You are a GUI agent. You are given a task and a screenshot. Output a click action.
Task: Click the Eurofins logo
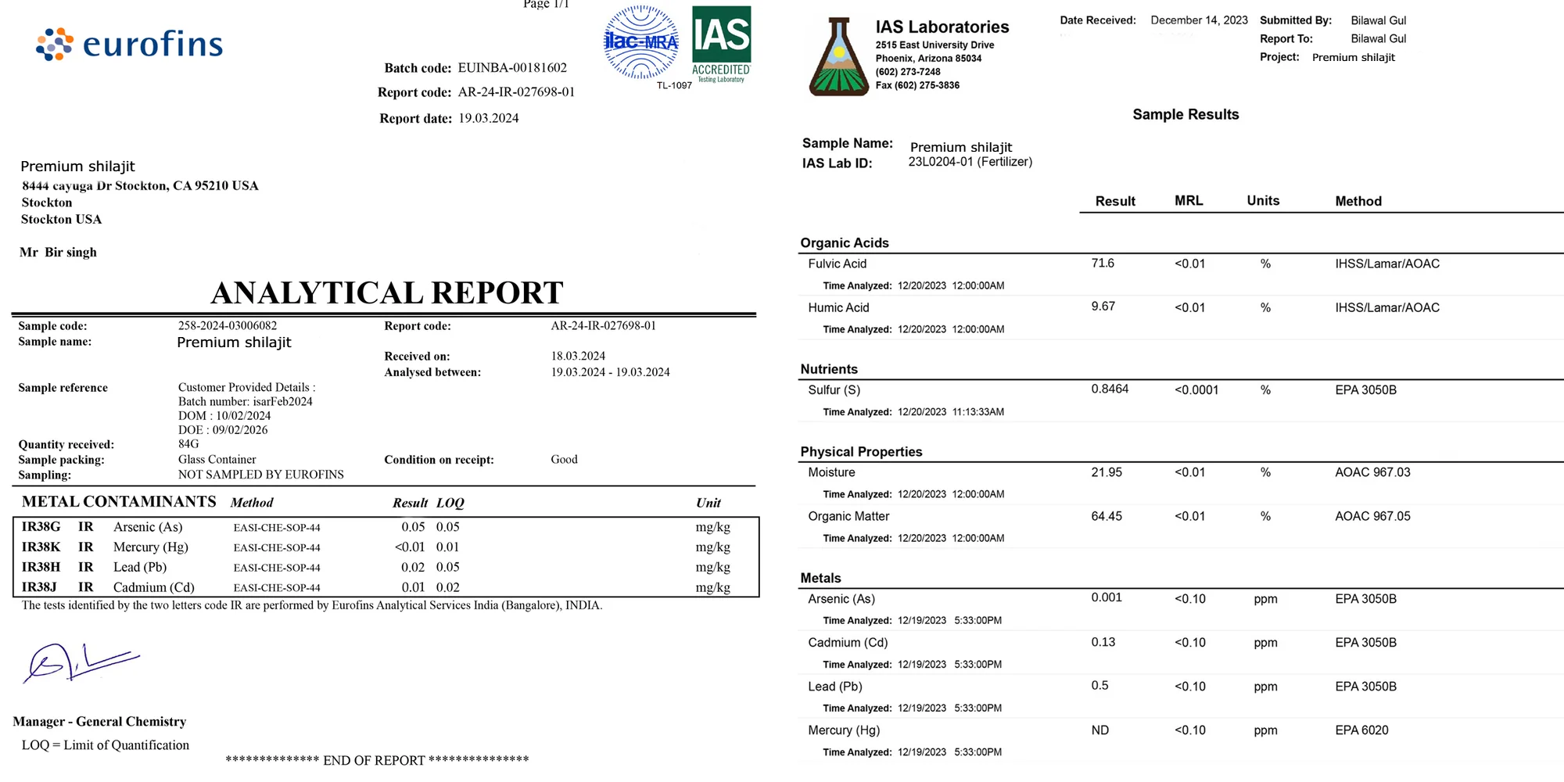pos(130,45)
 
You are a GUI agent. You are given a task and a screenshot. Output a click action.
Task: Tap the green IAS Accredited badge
pos(721,44)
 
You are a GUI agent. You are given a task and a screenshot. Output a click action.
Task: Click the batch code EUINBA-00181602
pos(512,68)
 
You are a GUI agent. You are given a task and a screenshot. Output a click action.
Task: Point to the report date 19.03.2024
pos(489,118)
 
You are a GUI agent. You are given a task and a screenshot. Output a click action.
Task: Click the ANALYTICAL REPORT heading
pos(387,292)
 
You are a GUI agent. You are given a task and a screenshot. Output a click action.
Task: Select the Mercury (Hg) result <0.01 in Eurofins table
pos(410,547)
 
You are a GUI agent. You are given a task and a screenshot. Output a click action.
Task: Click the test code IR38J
pos(39,587)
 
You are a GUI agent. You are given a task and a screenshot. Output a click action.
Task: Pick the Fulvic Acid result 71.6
pos(1103,264)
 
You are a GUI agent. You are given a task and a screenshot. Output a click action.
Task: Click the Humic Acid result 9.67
pos(1103,307)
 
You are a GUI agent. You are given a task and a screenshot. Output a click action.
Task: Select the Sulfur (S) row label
pos(834,390)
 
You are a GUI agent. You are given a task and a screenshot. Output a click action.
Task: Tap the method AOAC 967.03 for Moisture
pos(1372,472)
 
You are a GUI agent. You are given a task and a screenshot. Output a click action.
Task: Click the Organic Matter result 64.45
pos(1107,516)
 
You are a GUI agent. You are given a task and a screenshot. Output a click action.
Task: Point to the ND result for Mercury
pos(1100,730)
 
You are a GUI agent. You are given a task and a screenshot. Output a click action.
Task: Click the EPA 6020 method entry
pos(1361,730)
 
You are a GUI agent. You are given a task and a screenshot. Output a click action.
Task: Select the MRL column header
pos(1189,201)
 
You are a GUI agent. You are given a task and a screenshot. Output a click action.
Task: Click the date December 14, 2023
pos(1199,20)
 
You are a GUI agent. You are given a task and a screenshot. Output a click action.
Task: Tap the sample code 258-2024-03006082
pos(228,326)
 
